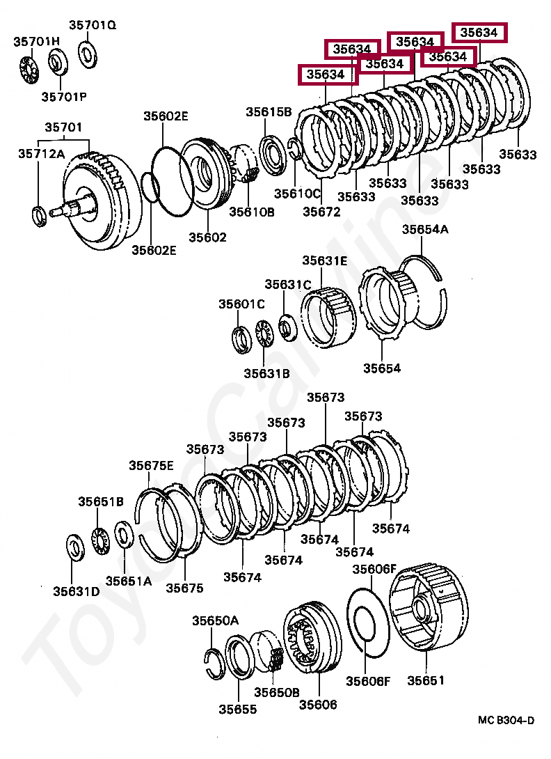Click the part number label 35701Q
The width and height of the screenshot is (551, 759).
click(x=92, y=25)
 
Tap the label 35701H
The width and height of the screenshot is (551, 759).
click(x=36, y=42)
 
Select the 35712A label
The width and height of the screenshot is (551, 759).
click(x=41, y=155)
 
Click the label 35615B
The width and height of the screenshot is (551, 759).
click(x=268, y=112)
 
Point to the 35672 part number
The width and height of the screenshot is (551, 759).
click(x=321, y=212)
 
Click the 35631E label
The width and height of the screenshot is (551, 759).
click(x=324, y=260)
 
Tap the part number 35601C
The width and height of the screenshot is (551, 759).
click(x=241, y=304)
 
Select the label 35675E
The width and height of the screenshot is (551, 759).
click(x=151, y=466)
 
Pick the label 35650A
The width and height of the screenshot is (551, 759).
click(x=215, y=620)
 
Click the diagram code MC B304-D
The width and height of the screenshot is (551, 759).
click(x=506, y=720)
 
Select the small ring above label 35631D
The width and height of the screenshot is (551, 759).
click(x=74, y=547)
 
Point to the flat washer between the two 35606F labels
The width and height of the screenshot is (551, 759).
click(x=367, y=621)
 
